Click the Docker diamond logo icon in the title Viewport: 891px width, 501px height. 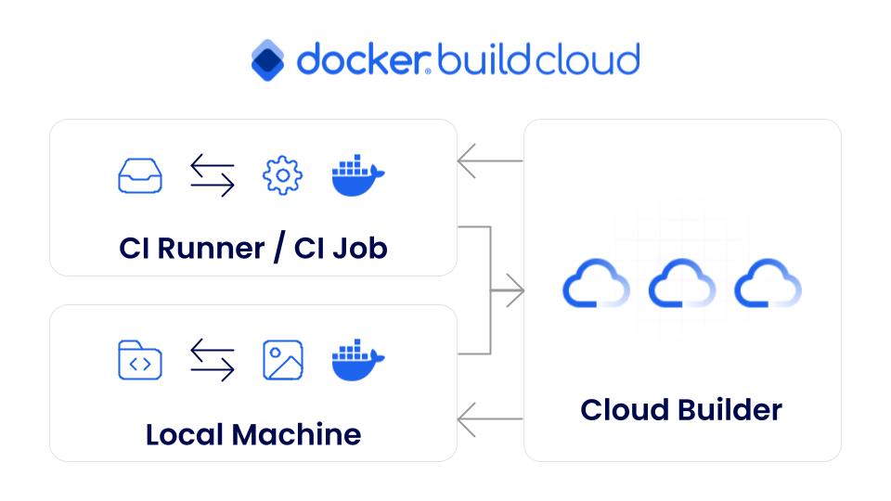point(268,60)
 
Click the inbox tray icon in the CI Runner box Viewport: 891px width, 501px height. point(140,175)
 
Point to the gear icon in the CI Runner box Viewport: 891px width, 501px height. point(282,175)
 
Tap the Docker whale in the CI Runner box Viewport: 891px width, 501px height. point(357,175)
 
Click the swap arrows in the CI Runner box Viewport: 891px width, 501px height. point(213,175)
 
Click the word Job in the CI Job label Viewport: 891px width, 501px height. point(358,248)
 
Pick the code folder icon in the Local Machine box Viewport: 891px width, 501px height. point(140,360)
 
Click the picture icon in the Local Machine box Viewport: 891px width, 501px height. point(282,360)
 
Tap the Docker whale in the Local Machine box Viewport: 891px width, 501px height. point(357,360)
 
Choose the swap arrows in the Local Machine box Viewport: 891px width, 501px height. point(213,360)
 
